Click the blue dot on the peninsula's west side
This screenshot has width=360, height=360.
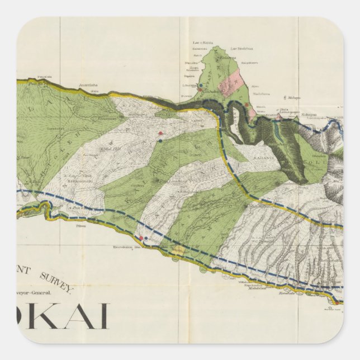point(200,86)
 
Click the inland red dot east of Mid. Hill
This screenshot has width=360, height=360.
point(160,133)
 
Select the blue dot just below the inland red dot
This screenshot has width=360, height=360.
point(160,140)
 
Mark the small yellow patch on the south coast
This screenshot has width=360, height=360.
point(179,248)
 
